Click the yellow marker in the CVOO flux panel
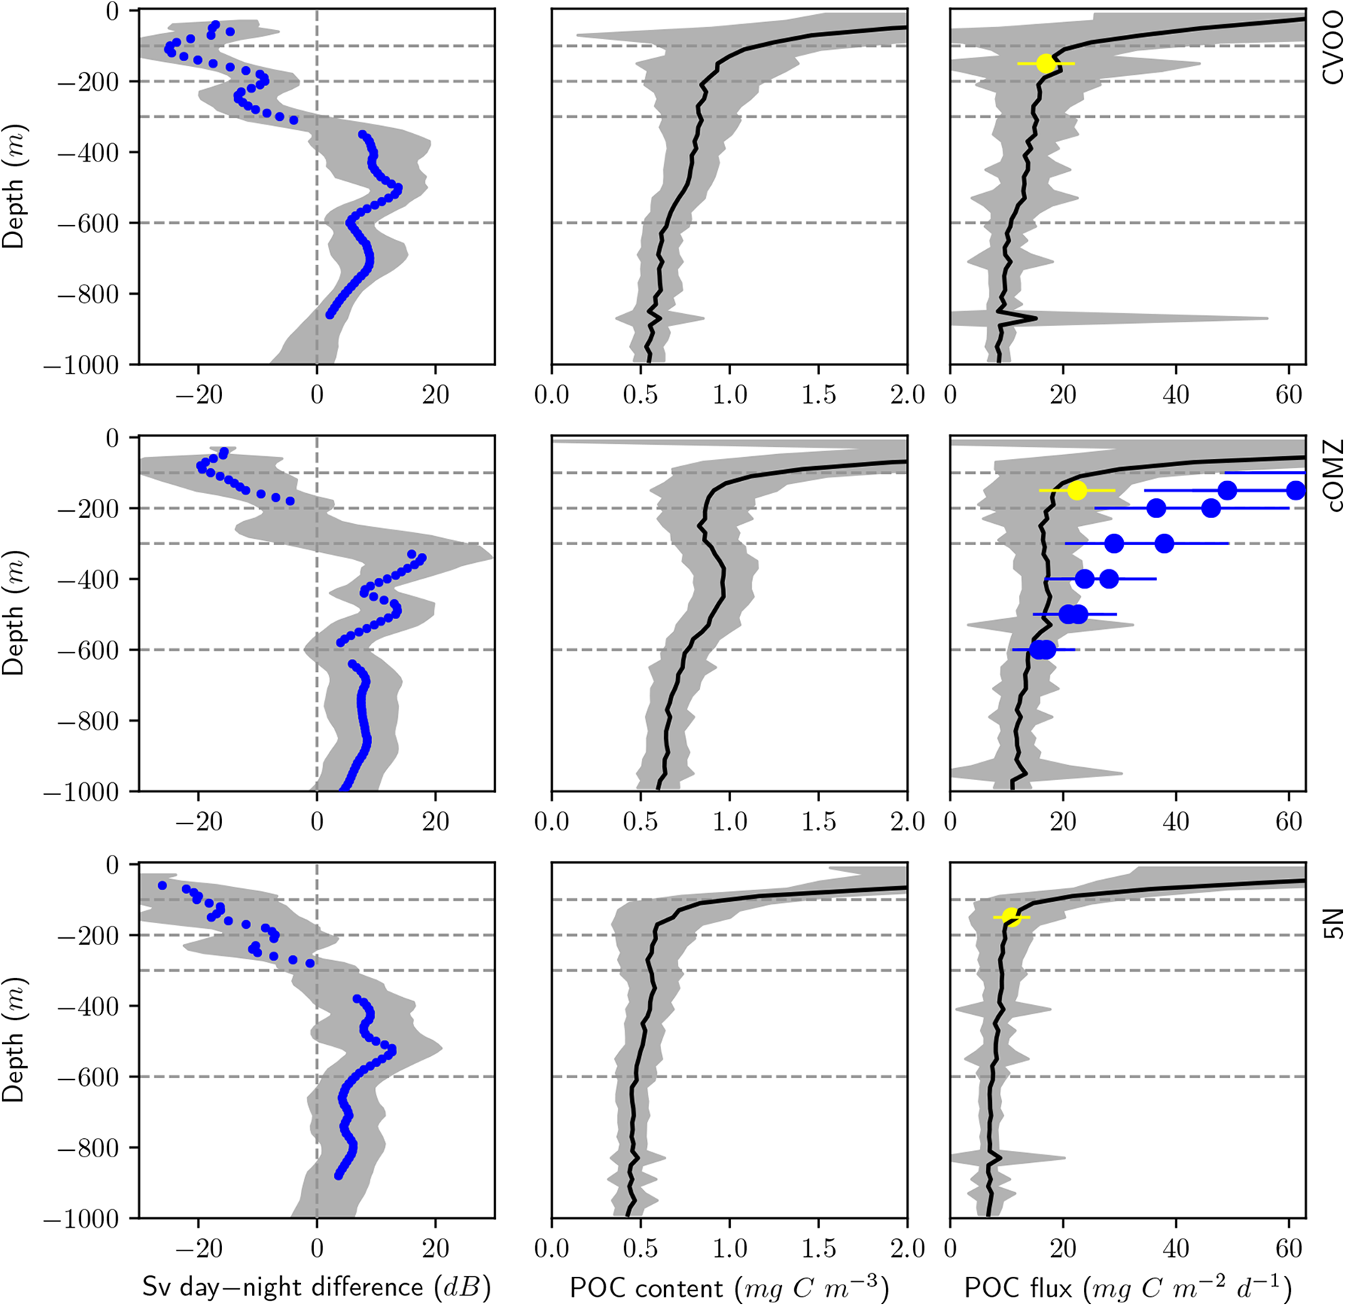point(1045,63)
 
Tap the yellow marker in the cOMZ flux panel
point(1077,490)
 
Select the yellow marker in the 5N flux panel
point(1011,917)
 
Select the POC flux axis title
point(1127,1287)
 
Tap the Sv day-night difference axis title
point(317,1287)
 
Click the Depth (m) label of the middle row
point(14,613)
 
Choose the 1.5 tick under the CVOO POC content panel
point(818,394)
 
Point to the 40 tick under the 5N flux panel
point(1176,1248)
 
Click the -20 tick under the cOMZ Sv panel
point(199,821)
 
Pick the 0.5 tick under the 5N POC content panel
point(640,1248)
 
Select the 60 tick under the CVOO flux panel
point(1289,394)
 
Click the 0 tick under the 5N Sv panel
point(317,1248)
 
